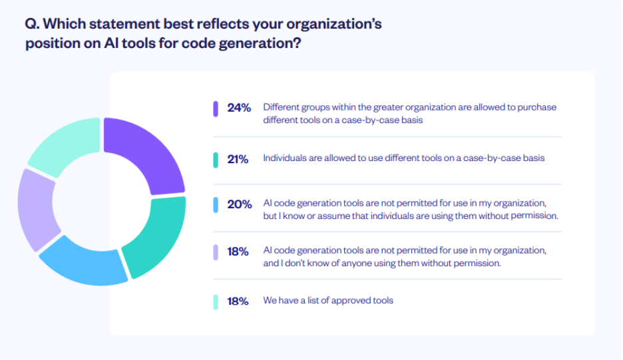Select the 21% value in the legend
tap(238, 159)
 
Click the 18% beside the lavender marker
tap(238, 252)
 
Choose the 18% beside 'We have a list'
tap(238, 301)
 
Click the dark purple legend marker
tap(216, 108)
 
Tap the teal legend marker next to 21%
tap(216, 160)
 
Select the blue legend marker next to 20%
tap(216, 204)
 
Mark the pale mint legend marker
tap(216, 301)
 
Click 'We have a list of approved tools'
tap(328, 301)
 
